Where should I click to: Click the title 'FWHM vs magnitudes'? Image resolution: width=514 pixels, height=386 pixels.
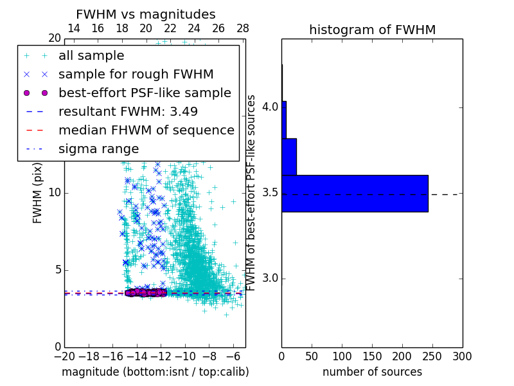point(146,14)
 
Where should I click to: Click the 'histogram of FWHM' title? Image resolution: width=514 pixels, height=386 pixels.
point(372,30)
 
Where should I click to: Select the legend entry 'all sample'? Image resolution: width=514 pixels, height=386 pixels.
point(91,56)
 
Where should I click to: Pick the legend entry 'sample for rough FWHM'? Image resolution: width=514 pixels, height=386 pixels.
point(136,74)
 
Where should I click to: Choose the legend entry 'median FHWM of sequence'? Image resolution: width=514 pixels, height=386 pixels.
point(146,130)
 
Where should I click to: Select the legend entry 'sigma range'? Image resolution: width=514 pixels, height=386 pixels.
point(98,149)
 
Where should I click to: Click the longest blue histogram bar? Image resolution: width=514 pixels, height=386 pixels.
point(355,193)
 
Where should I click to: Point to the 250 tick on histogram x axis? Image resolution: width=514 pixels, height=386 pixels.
point(432,355)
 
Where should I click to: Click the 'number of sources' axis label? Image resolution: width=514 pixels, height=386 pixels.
point(372,372)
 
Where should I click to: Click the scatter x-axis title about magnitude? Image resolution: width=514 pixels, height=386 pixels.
point(155,372)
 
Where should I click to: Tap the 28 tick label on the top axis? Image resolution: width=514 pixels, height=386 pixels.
point(243,28)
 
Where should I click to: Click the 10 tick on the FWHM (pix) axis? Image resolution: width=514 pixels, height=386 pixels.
point(55,193)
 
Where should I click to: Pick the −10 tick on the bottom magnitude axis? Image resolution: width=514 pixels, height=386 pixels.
point(185,355)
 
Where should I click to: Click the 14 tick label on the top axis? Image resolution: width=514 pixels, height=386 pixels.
point(74,28)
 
